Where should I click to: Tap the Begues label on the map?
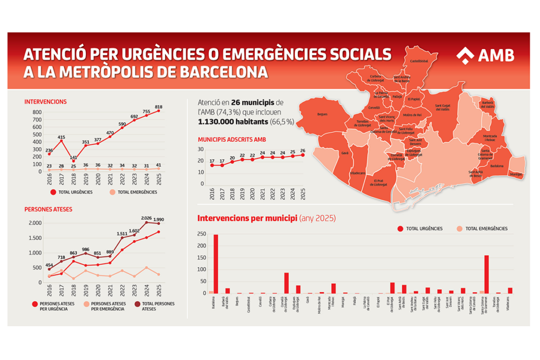[323, 114]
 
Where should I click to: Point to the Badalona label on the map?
[496, 166]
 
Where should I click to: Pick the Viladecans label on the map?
[358, 172]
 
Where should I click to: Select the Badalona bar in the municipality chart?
[215, 264]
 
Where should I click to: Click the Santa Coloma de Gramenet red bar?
[486, 274]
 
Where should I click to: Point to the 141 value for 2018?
[73, 157]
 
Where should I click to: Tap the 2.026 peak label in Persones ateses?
[146, 218]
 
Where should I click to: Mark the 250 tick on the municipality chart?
[201, 234]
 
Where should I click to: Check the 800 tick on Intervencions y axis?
[37, 112]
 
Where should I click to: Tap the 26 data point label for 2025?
[303, 150]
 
